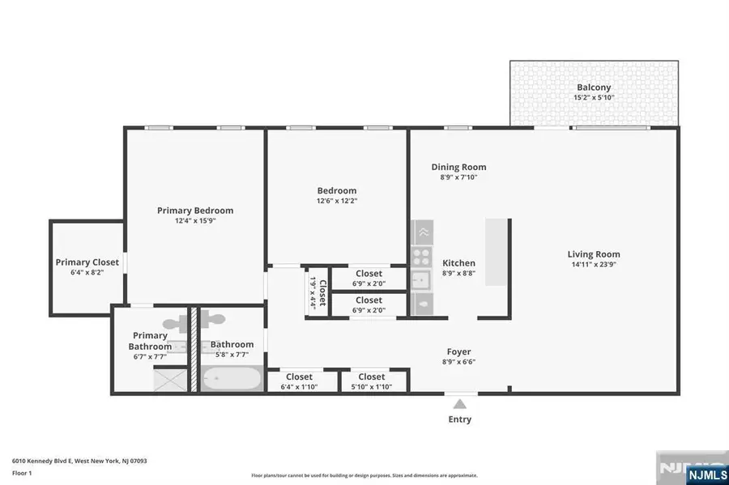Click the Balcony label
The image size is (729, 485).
594,87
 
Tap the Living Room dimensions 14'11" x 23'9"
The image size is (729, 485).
594,266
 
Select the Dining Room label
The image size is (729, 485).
458,167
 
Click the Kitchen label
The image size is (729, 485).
458,263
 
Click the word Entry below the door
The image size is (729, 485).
459,419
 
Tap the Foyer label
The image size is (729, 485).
459,352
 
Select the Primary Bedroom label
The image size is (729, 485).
195,211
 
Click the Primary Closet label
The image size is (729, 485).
87,262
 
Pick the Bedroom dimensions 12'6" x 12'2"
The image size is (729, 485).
336,202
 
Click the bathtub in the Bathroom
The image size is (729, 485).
230,379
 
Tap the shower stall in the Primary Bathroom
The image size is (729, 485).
171,380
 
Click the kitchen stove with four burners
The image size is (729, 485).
421,257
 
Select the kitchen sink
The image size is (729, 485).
421,280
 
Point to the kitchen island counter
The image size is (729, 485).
497,252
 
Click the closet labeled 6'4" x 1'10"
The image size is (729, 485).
299,381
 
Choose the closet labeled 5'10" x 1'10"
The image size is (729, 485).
371,381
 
